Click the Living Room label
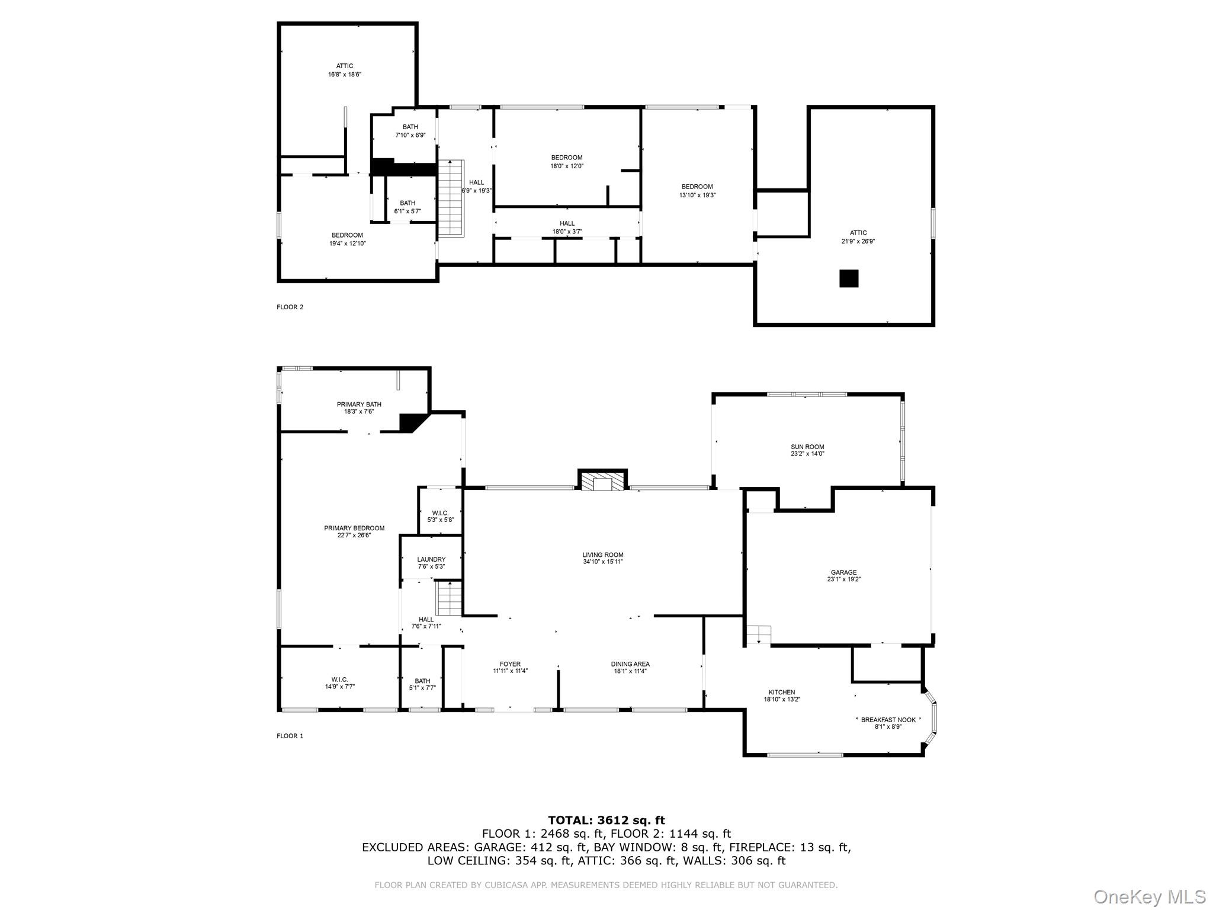602,555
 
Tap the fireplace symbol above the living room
602,481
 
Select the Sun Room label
807,447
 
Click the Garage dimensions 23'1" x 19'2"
843,579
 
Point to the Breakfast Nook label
888,720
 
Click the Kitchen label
782,692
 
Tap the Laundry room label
431,559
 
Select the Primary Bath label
359,405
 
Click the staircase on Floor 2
451,198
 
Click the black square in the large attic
849,278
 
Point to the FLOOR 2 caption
290,307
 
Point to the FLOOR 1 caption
290,736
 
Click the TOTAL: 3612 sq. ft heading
606,820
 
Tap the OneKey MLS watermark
1148,896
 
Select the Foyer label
510,664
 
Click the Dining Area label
630,664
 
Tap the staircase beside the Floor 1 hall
450,598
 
